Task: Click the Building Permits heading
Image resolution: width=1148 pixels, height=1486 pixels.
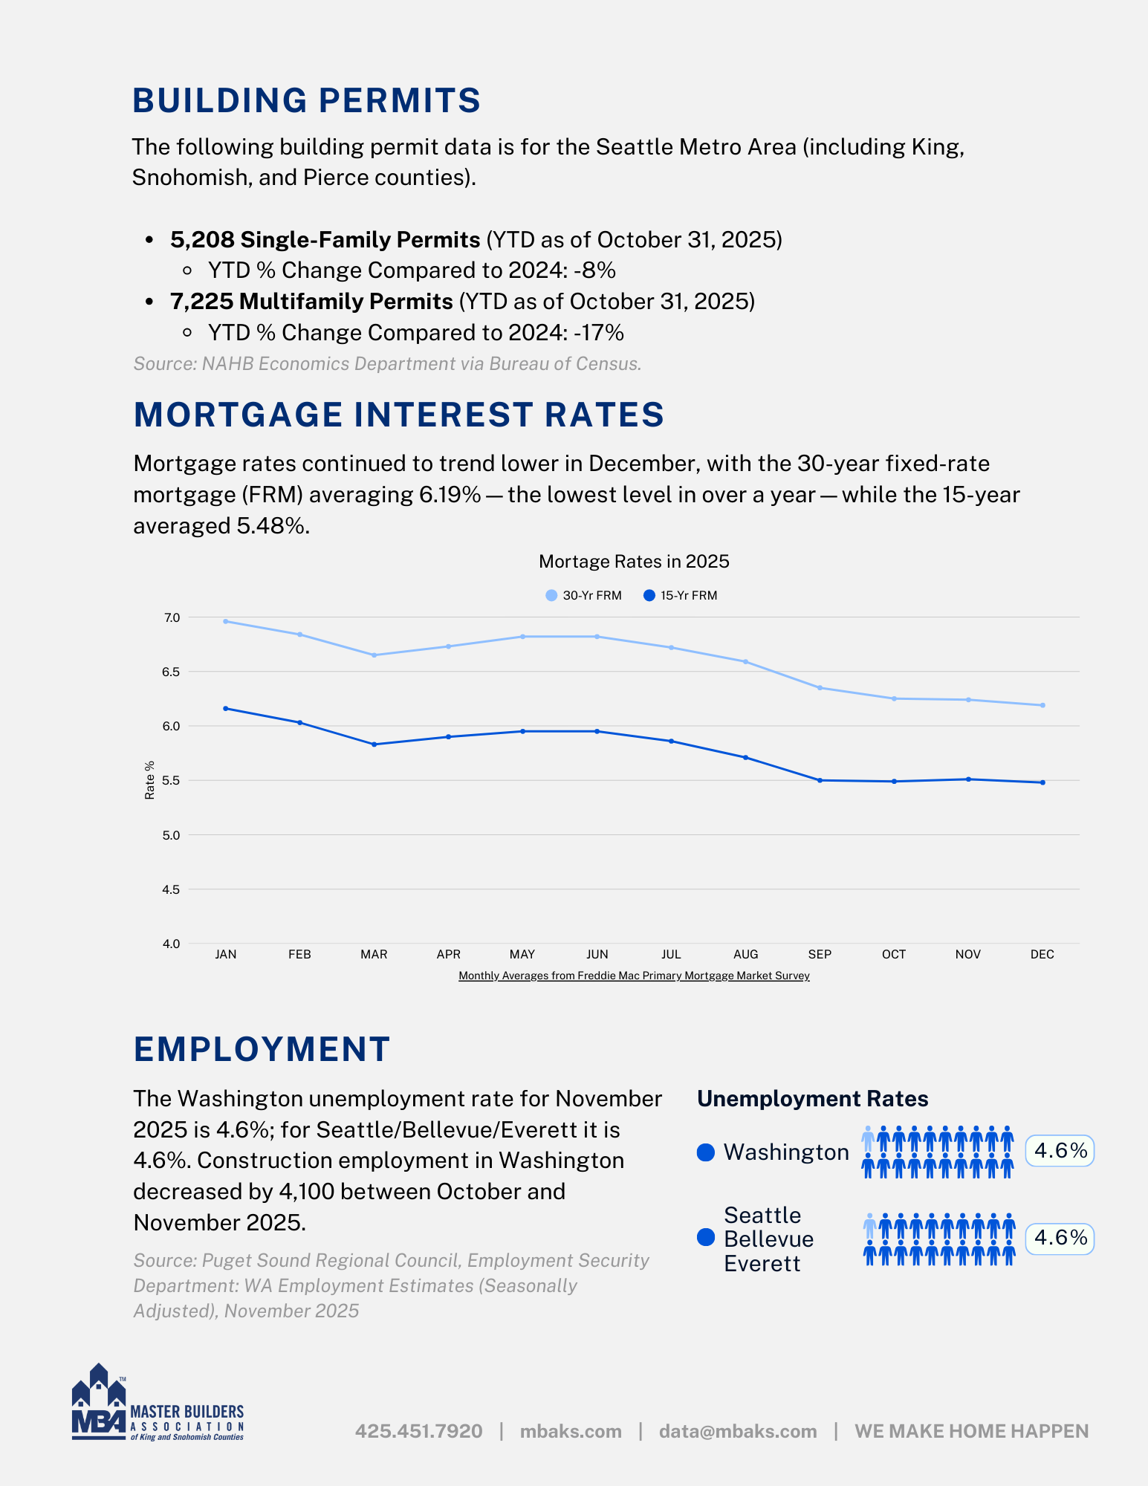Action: (x=306, y=101)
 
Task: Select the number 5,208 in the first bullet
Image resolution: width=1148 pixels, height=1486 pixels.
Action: (x=202, y=240)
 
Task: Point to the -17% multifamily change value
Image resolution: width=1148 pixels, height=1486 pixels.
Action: (x=599, y=333)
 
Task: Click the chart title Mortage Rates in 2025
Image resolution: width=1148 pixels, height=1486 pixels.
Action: (x=634, y=562)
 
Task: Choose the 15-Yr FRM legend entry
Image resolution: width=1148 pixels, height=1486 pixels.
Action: (x=681, y=596)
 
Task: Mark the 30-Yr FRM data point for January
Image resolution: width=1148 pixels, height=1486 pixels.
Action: (x=226, y=621)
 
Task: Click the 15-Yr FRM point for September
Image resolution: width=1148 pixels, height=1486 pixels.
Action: (x=820, y=780)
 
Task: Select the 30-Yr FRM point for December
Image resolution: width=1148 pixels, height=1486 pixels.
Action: (x=1042, y=705)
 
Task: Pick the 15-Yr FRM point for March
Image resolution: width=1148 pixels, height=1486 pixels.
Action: (x=374, y=744)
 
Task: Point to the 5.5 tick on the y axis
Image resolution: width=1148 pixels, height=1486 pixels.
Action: (x=172, y=781)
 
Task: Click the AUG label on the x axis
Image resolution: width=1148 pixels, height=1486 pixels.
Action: (x=745, y=955)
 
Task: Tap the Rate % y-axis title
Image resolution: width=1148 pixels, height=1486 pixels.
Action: (x=150, y=780)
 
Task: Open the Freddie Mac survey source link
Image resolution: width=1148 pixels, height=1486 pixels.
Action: (x=634, y=976)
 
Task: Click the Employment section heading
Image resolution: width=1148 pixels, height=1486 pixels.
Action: (x=262, y=1049)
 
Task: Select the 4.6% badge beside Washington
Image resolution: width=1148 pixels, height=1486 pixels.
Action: (x=1060, y=1151)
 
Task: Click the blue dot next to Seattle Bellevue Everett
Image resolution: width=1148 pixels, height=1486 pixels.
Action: (x=706, y=1238)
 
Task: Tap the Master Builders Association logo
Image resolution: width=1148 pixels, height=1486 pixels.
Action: (x=158, y=1404)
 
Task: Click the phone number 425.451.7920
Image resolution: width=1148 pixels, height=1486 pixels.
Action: (x=418, y=1431)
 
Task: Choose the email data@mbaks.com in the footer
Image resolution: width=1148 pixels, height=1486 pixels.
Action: (x=737, y=1431)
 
